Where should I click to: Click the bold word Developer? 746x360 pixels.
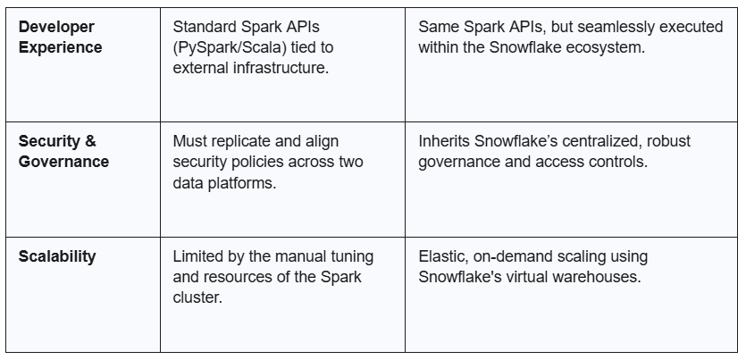click(x=56, y=27)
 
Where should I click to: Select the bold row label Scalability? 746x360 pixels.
click(x=57, y=256)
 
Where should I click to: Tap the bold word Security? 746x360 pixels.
click(x=47, y=141)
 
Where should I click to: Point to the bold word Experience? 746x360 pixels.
click(x=61, y=47)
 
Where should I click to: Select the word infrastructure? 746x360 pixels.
click(x=281, y=68)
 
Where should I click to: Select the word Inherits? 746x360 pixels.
click(x=444, y=141)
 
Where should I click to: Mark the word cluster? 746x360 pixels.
click(x=197, y=297)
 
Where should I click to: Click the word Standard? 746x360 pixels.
click(x=205, y=27)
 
